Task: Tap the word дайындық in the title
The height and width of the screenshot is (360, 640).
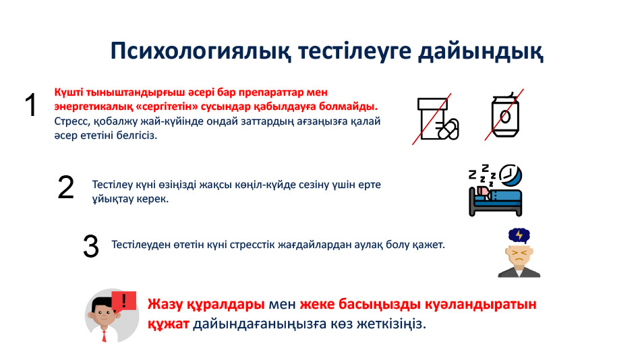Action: pos(480,51)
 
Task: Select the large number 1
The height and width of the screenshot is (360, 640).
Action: pos(31,105)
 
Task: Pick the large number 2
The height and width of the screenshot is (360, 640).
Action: pos(65,187)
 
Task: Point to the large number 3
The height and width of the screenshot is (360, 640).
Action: pos(90,246)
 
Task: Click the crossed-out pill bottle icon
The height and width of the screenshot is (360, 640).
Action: pos(436,119)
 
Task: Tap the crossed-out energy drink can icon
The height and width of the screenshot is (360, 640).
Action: pos(504,115)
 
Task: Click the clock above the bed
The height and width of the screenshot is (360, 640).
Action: pos(511,175)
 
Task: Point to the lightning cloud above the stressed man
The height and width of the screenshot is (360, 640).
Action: pos(519,236)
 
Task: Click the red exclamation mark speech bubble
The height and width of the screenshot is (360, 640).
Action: pos(123,301)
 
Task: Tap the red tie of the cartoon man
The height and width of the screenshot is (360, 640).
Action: pos(104,336)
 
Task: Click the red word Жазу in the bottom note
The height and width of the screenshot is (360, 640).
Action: pos(165,305)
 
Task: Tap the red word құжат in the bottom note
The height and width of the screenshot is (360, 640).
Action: pos(168,324)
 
